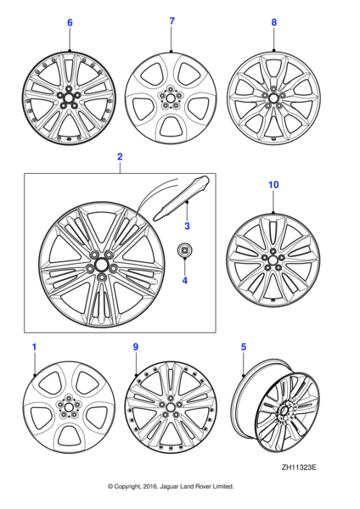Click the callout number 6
click(70, 23)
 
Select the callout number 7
click(172, 20)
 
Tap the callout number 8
click(273, 23)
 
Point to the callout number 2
click(120, 157)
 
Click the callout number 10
click(273, 208)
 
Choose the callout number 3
click(187, 226)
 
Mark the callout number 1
click(34, 347)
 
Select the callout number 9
click(135, 347)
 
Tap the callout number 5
click(243, 347)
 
